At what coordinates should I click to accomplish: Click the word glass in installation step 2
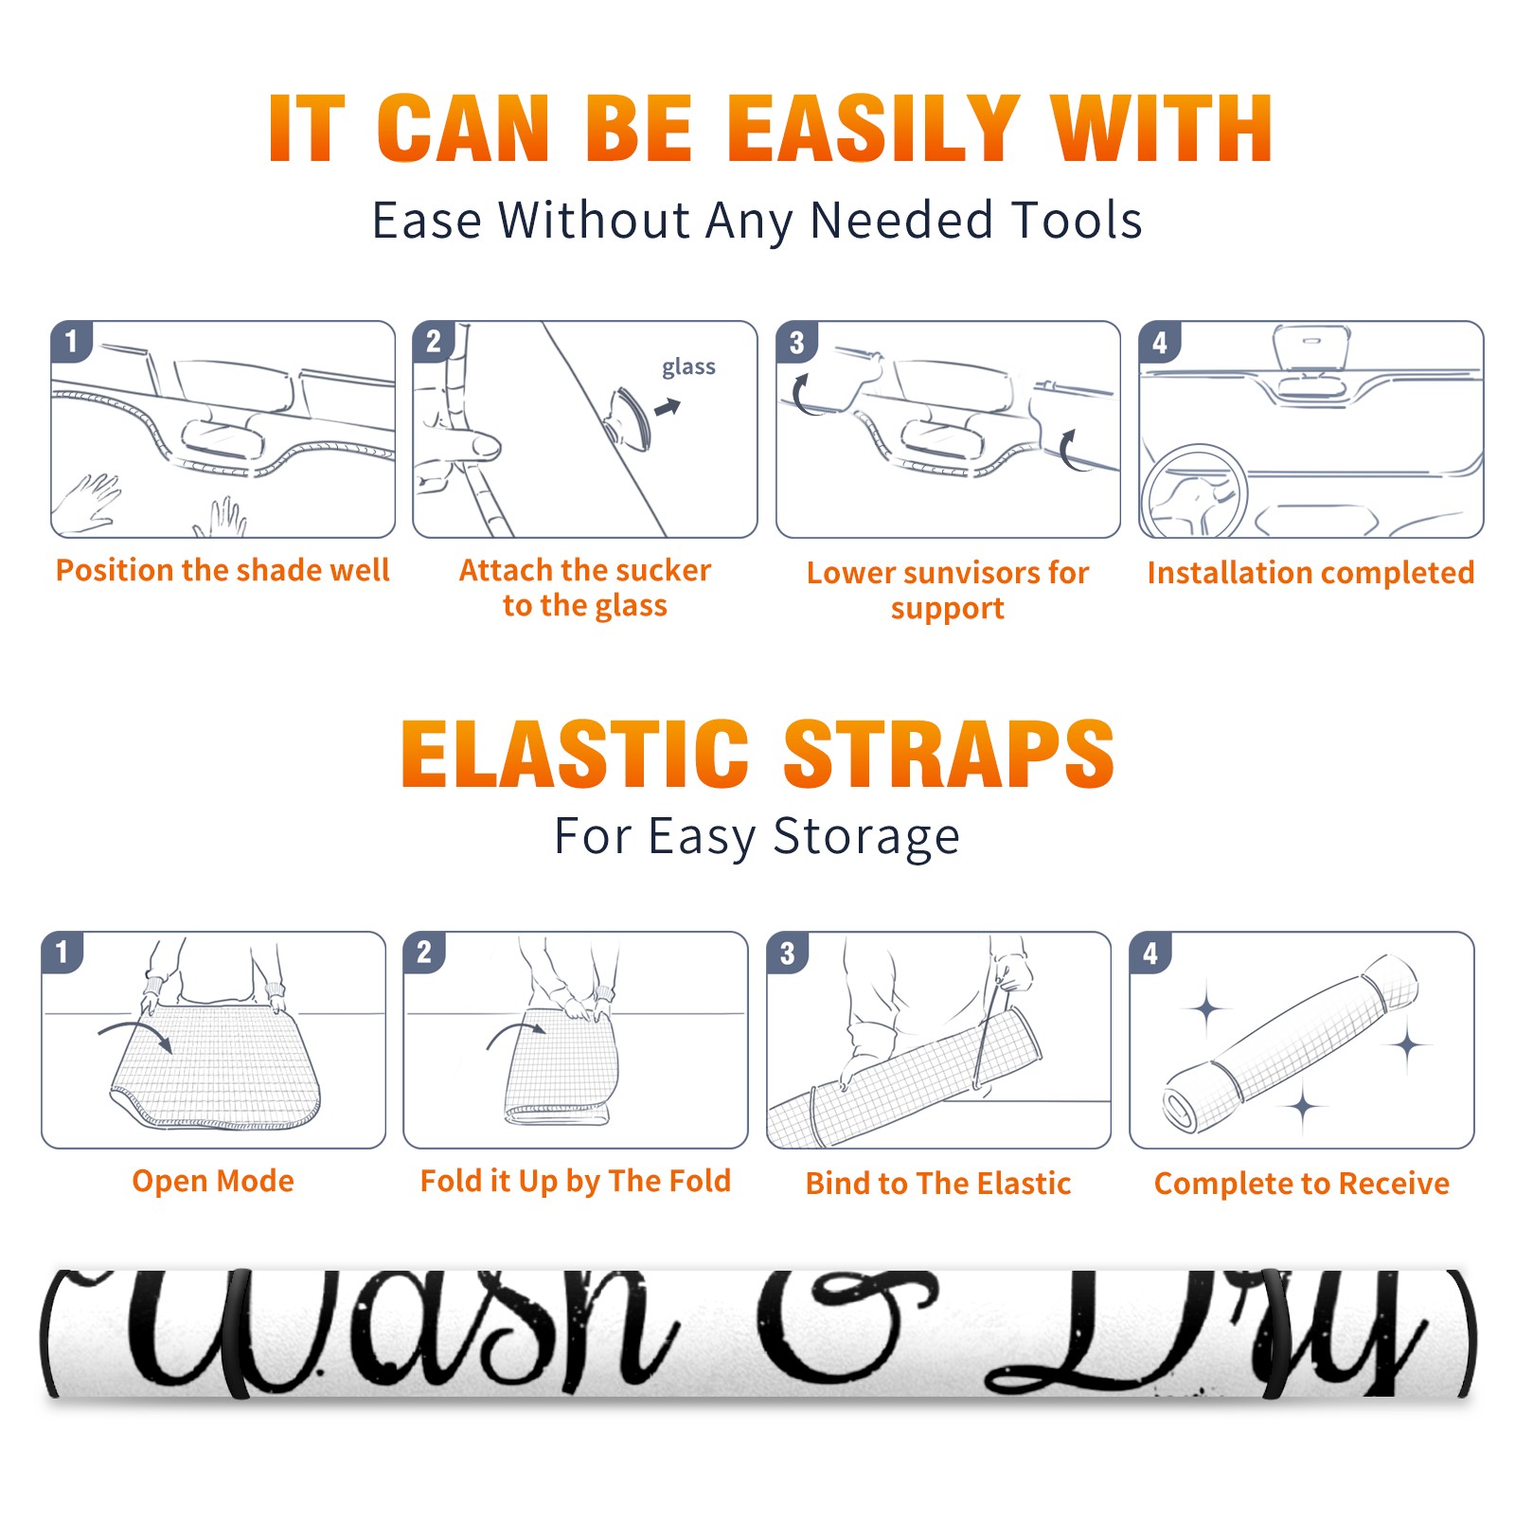click(688, 366)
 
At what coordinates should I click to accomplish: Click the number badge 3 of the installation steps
click(797, 343)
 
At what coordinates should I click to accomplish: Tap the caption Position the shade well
click(223, 570)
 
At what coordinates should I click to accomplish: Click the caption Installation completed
click(1310, 572)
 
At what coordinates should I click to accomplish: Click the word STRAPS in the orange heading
click(950, 754)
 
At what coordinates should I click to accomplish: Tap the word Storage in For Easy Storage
click(866, 837)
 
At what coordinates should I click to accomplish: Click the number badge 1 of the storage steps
click(62, 953)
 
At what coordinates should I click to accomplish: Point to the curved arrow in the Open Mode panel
click(134, 1030)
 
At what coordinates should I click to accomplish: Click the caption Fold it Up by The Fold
click(576, 1181)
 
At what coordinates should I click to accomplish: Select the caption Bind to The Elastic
click(938, 1183)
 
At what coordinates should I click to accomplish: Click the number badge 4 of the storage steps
click(1150, 953)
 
